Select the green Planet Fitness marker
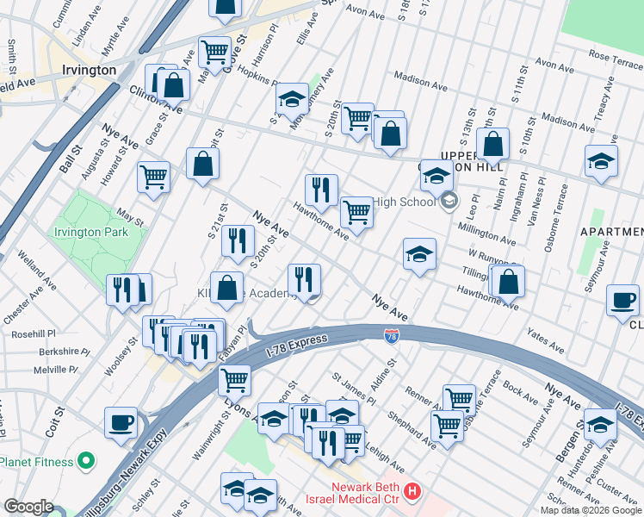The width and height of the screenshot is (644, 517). tap(85, 462)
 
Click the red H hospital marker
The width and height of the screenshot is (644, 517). tap(412, 491)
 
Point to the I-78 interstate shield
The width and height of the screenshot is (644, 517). tap(392, 333)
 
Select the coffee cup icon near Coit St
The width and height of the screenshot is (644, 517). tap(121, 422)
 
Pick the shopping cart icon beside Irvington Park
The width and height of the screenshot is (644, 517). tap(153, 177)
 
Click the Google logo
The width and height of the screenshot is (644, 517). tap(28, 507)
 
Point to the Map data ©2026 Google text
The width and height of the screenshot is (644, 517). tap(591, 510)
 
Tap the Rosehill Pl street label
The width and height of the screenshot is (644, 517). tap(33, 333)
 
